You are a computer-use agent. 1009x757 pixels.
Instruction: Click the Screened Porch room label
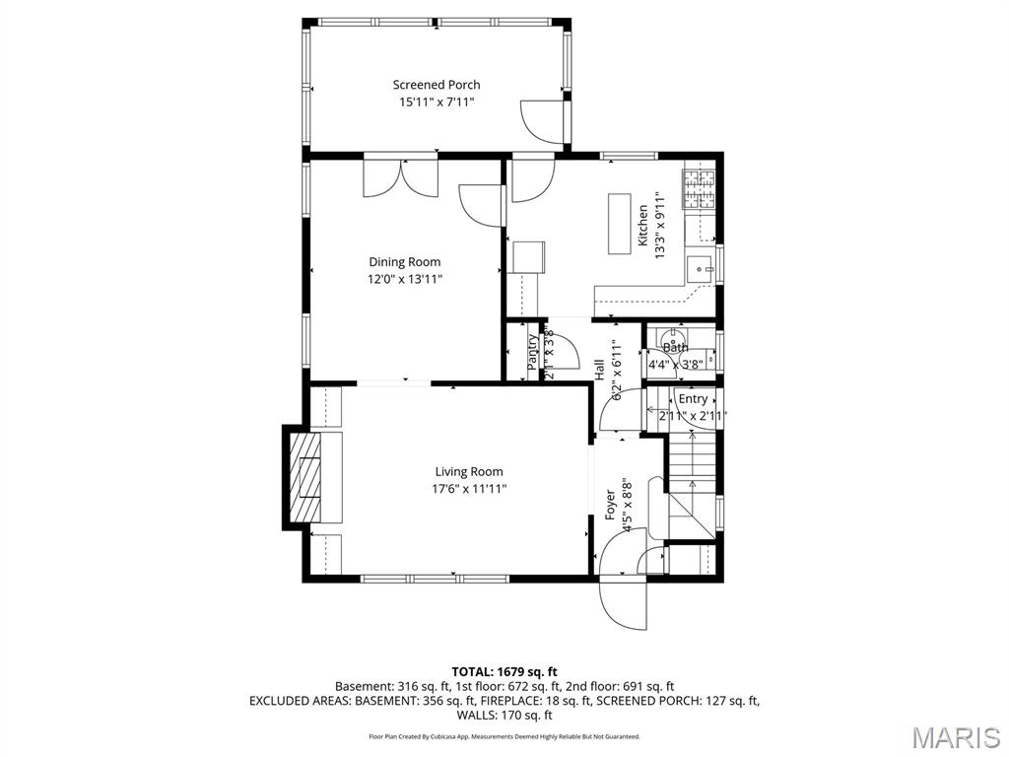coord(437,85)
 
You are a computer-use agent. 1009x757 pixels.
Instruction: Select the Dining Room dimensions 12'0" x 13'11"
coord(405,279)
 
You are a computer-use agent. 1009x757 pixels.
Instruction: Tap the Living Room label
coord(469,471)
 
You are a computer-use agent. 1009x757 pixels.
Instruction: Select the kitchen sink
coord(703,267)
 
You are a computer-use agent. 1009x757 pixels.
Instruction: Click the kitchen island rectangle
coord(621,224)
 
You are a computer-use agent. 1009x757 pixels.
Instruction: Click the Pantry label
coord(533,352)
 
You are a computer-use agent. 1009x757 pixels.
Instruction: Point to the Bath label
coord(675,348)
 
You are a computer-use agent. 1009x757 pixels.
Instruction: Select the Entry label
coord(693,399)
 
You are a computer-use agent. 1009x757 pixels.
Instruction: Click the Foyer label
coord(611,505)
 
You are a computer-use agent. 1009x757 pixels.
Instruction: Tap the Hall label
coord(599,370)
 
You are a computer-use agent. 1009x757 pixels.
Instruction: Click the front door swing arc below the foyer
coord(624,603)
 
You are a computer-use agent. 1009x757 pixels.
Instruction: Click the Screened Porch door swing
coord(542,118)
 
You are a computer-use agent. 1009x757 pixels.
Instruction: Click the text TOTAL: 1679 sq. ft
coord(504,671)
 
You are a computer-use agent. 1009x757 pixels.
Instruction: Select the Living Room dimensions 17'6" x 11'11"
coord(469,488)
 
